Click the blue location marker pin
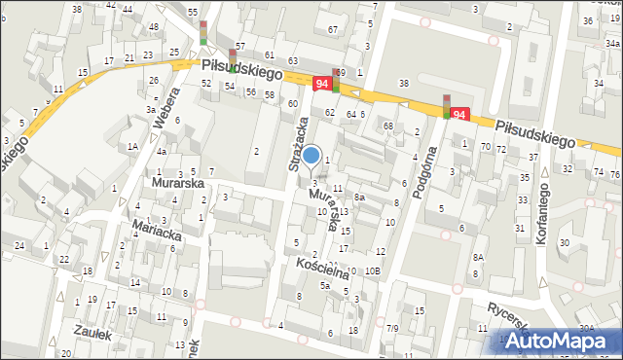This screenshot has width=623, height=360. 311,155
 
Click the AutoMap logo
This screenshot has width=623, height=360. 558,341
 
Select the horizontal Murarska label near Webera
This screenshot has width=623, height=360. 176,182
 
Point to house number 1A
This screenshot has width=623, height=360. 132,146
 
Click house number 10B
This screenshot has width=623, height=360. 373,270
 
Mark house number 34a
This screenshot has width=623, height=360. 613,43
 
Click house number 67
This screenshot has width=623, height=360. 333,29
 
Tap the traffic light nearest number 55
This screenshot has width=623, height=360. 202,32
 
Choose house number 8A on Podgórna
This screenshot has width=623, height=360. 478,257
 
